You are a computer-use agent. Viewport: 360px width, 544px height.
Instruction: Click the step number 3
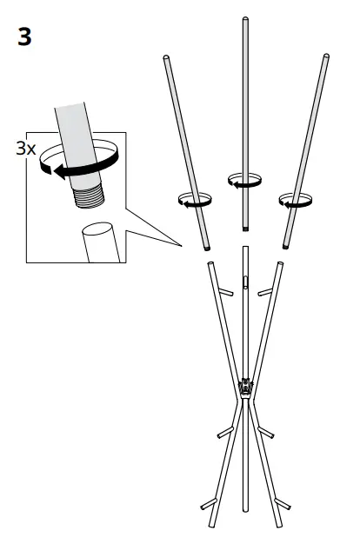[x=24, y=37]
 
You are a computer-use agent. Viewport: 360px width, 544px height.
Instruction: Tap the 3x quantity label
[x=26, y=149]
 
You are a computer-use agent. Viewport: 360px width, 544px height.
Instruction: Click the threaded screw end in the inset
[x=89, y=197]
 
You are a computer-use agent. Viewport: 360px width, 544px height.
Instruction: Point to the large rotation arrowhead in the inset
[x=59, y=171]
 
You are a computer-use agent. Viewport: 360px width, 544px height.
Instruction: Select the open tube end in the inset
[x=97, y=229]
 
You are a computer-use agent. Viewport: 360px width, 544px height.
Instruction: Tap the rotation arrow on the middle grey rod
[x=244, y=181]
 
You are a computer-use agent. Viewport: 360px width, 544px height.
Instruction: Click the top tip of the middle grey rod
[x=245, y=18]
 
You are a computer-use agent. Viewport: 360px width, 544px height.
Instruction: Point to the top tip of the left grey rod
[x=165, y=56]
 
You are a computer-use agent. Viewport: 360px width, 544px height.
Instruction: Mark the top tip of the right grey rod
[x=326, y=55]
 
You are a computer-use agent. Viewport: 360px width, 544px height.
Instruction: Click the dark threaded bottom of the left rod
[x=207, y=249]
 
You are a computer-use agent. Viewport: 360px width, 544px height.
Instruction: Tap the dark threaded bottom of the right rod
[x=285, y=248]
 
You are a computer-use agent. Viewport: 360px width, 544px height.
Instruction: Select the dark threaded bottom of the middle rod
[x=245, y=229]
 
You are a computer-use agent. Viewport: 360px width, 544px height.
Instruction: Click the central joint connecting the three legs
[x=246, y=387]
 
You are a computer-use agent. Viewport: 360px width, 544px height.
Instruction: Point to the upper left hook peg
[x=225, y=292]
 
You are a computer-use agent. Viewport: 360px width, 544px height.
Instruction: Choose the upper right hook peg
[x=265, y=292]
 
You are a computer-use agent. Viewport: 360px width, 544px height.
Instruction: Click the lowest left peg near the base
[x=209, y=504]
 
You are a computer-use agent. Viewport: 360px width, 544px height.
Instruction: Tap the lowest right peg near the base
[x=283, y=504]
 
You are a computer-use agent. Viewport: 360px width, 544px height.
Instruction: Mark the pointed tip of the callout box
[x=181, y=246]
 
